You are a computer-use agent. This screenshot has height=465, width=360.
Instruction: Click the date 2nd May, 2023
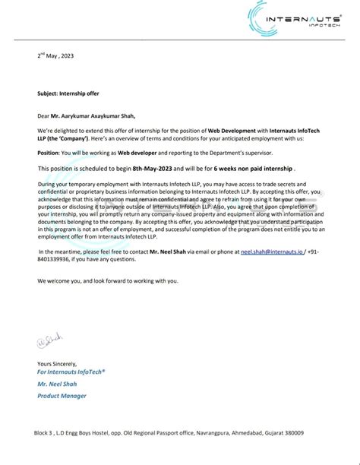click(55, 56)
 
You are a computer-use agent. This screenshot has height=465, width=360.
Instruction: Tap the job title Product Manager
click(62, 396)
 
